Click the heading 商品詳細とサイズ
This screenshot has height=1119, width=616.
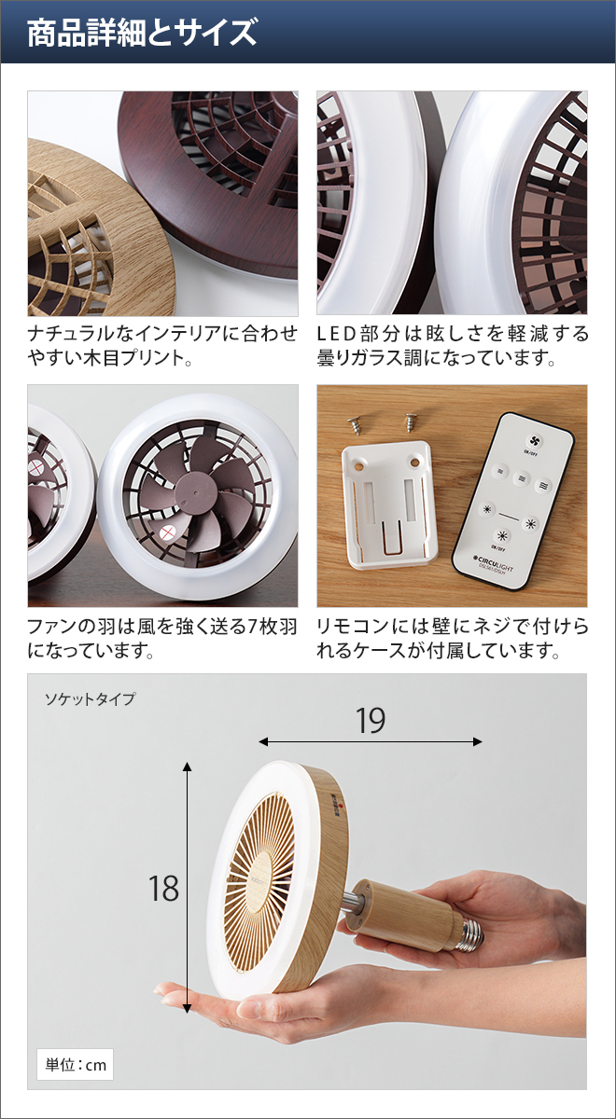coord(141,34)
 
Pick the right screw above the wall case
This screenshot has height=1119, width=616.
coord(409,421)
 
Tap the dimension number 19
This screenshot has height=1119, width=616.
coord(371,721)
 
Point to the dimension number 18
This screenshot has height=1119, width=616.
coord(163,889)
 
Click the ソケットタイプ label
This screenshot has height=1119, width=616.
coord(91,698)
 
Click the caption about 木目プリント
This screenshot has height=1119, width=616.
coord(162,345)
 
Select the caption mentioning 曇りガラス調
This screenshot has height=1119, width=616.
coord(452,345)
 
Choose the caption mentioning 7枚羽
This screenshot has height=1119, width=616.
coord(162,638)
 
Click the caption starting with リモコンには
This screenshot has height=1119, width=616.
coord(452,638)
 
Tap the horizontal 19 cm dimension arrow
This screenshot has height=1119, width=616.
coord(371,742)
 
